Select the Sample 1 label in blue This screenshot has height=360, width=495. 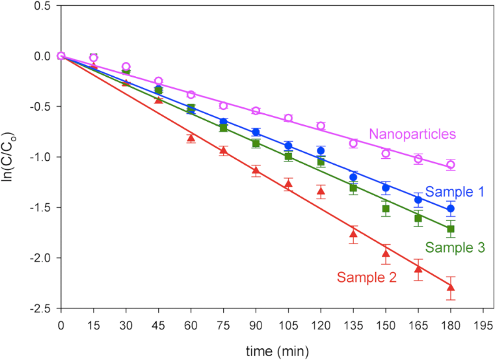(454, 191)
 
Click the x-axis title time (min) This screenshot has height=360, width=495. (273, 351)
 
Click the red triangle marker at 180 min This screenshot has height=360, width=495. (451, 287)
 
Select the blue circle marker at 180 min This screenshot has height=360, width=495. (451, 209)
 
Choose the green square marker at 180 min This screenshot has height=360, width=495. (451, 229)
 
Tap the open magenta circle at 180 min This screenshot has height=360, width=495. (451, 165)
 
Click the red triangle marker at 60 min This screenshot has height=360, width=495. (191, 138)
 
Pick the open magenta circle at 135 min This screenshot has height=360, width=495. (353, 143)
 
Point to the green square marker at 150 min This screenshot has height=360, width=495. (386, 209)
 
